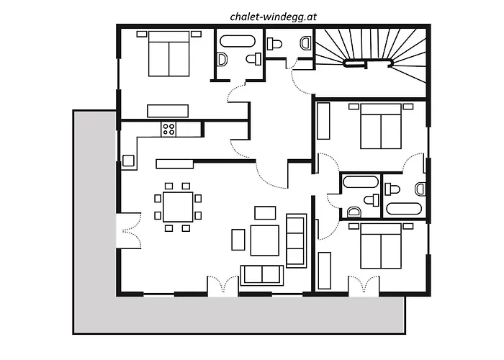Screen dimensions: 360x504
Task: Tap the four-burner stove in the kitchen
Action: (x=168, y=129)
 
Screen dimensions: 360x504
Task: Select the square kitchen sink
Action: (x=129, y=161)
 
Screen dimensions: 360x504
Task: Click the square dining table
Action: (x=177, y=206)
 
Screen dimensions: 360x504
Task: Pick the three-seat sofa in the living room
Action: (x=296, y=240)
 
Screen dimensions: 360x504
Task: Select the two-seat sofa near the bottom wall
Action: (x=261, y=275)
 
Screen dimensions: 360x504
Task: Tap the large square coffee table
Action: (x=264, y=240)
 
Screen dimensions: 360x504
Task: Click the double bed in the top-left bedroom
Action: (x=168, y=55)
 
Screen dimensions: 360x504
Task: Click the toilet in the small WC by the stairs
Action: (x=275, y=44)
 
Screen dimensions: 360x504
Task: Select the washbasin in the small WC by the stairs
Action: (x=305, y=42)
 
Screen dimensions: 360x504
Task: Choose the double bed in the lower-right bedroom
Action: (x=380, y=246)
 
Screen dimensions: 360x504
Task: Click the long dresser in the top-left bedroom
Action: (x=168, y=110)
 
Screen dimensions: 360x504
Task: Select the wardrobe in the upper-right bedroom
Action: (x=323, y=121)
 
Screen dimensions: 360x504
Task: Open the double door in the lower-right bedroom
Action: (x=363, y=286)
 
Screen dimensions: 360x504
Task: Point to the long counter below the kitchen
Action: (x=175, y=163)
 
